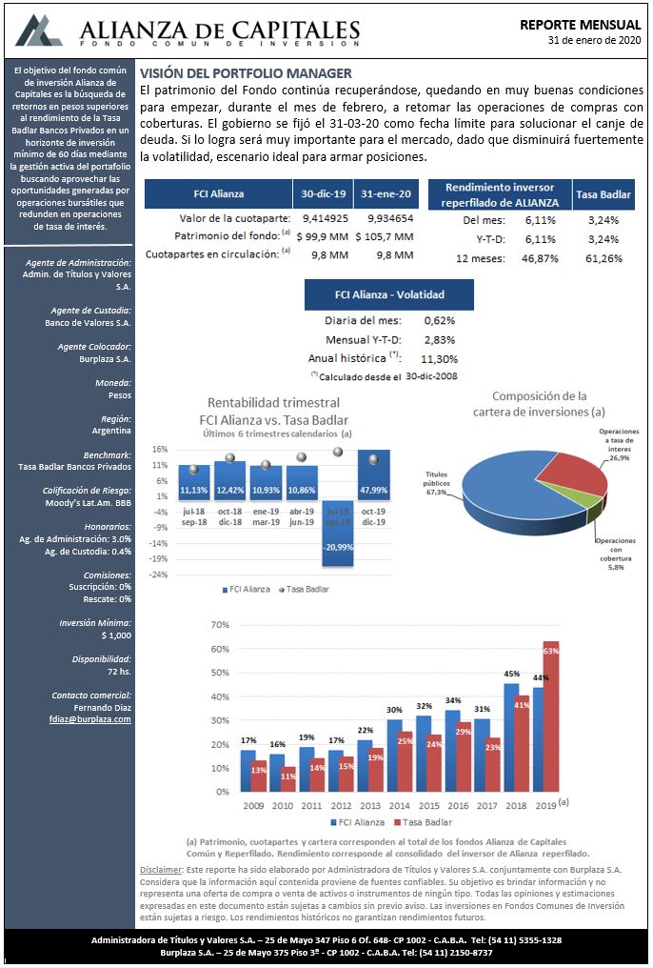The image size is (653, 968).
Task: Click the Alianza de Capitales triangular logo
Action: coord(39,30)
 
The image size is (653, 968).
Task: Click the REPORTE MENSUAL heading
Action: coord(581,25)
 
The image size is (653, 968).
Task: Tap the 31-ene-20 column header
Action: coord(387,193)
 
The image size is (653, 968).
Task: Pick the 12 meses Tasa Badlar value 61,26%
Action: coord(604,258)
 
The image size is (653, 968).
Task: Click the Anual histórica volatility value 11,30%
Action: coord(439,358)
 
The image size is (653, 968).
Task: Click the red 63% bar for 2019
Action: coord(550,716)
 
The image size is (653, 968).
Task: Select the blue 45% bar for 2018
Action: coord(511,737)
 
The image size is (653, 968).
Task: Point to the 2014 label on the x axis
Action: coord(400,806)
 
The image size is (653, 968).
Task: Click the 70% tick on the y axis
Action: coord(220,625)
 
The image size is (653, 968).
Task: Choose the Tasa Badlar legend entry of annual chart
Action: coord(423,822)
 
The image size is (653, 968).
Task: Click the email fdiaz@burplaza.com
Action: coord(90,719)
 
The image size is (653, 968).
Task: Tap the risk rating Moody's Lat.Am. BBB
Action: coord(89,502)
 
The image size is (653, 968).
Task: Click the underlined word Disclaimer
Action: coord(160,869)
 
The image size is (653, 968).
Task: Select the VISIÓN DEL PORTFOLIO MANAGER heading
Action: coord(246,73)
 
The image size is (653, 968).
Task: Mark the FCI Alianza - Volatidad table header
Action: coord(389,294)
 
